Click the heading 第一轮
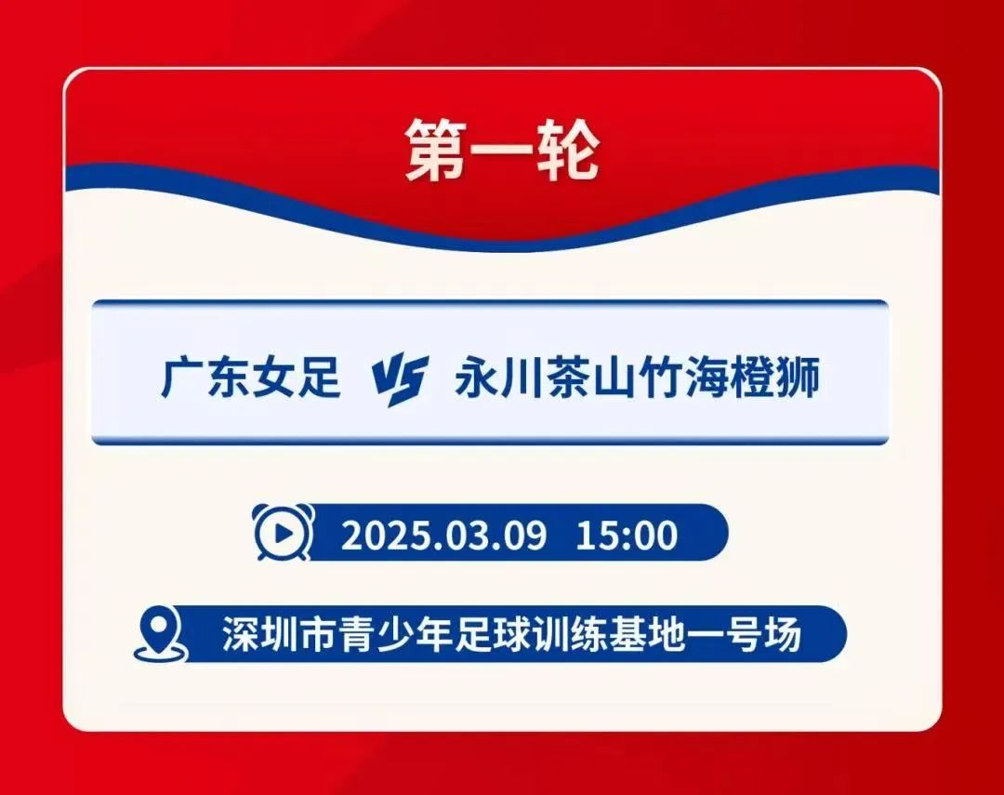[x=503, y=151]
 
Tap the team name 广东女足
[x=250, y=378]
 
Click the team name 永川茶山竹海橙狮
[x=637, y=378]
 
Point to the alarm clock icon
[x=284, y=533]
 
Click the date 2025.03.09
[x=443, y=536]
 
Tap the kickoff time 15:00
[x=627, y=536]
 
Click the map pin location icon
[x=160, y=634]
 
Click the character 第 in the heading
[x=435, y=151]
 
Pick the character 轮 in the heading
[x=569, y=151]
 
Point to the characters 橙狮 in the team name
[x=774, y=378]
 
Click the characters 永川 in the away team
[x=500, y=378]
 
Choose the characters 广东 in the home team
[x=205, y=378]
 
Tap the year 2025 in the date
[x=382, y=536]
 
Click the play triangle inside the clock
[x=284, y=534]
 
